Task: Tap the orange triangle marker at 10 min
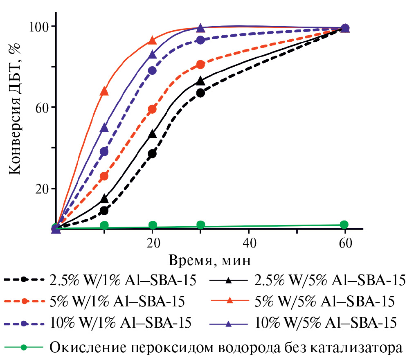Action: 104,91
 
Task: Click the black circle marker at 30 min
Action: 200,93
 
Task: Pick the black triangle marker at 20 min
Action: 153,134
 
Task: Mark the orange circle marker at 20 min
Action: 153,109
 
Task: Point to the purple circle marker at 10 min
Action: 104,152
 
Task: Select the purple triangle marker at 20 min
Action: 153,55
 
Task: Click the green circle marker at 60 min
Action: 344,224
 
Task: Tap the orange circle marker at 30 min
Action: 200,65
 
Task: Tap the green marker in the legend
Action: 24,348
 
